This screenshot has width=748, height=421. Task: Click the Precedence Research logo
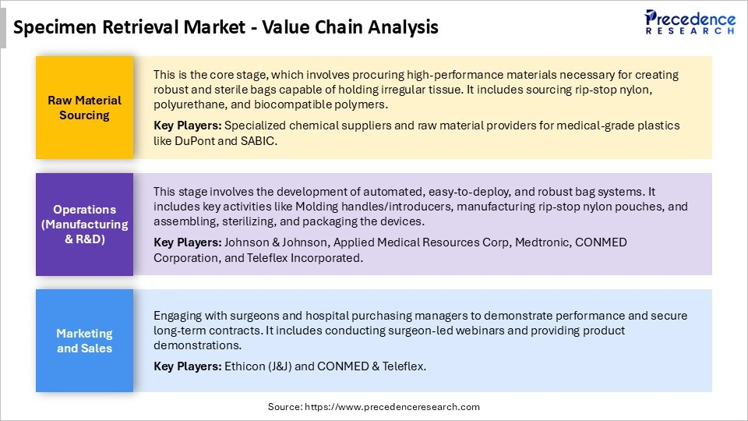pyautogui.click(x=690, y=22)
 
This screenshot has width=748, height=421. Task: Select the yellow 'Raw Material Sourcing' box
pyautogui.click(x=84, y=108)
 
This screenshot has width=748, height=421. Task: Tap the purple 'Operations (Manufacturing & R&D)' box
pyautogui.click(x=84, y=225)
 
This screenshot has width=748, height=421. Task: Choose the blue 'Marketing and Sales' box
pyautogui.click(x=84, y=341)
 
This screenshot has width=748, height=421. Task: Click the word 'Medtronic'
pyautogui.click(x=540, y=242)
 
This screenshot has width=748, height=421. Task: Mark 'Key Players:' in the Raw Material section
pyautogui.click(x=185, y=126)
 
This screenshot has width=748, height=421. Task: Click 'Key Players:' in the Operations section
pyautogui.click(x=185, y=242)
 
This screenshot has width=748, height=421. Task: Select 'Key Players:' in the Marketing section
pyautogui.click(x=185, y=366)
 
